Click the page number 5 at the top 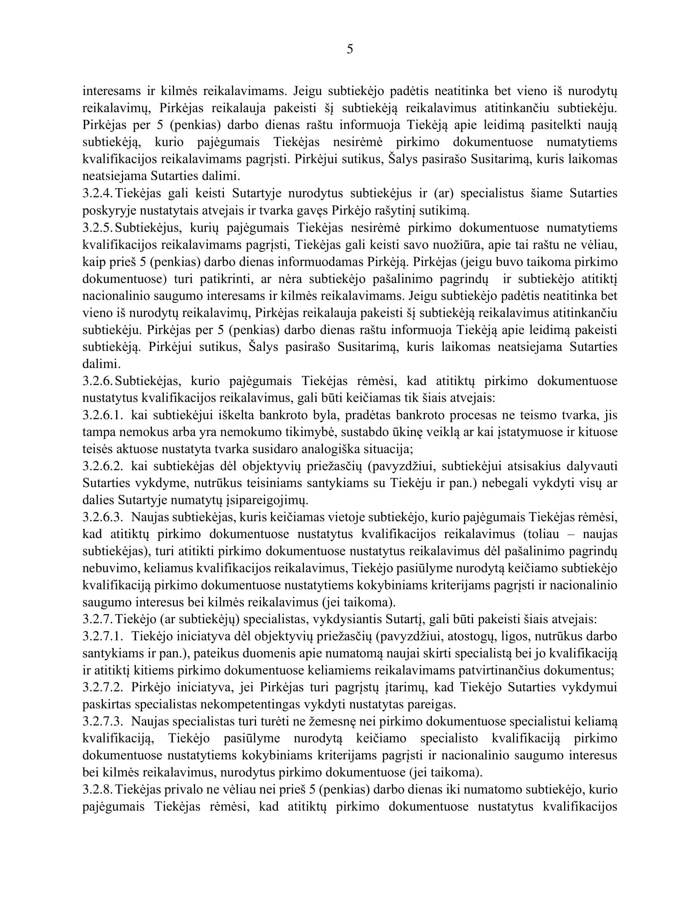click(x=350, y=49)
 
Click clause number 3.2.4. click(x=98, y=193)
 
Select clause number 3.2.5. click(x=98, y=228)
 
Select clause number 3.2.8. click(x=98, y=789)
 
